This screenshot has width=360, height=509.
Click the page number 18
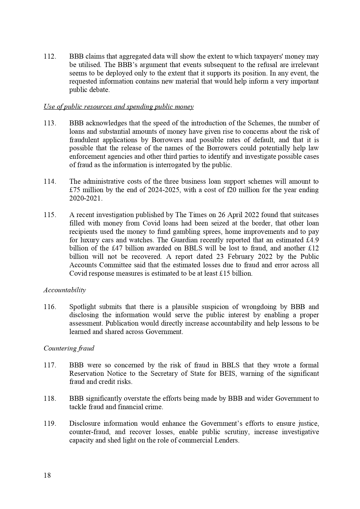47,475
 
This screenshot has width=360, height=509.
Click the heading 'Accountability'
65,290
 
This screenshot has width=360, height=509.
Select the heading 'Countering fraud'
69,349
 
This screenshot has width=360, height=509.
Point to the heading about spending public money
118,107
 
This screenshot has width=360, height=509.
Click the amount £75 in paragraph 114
75,190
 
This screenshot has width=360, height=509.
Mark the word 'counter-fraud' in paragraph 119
89,432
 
